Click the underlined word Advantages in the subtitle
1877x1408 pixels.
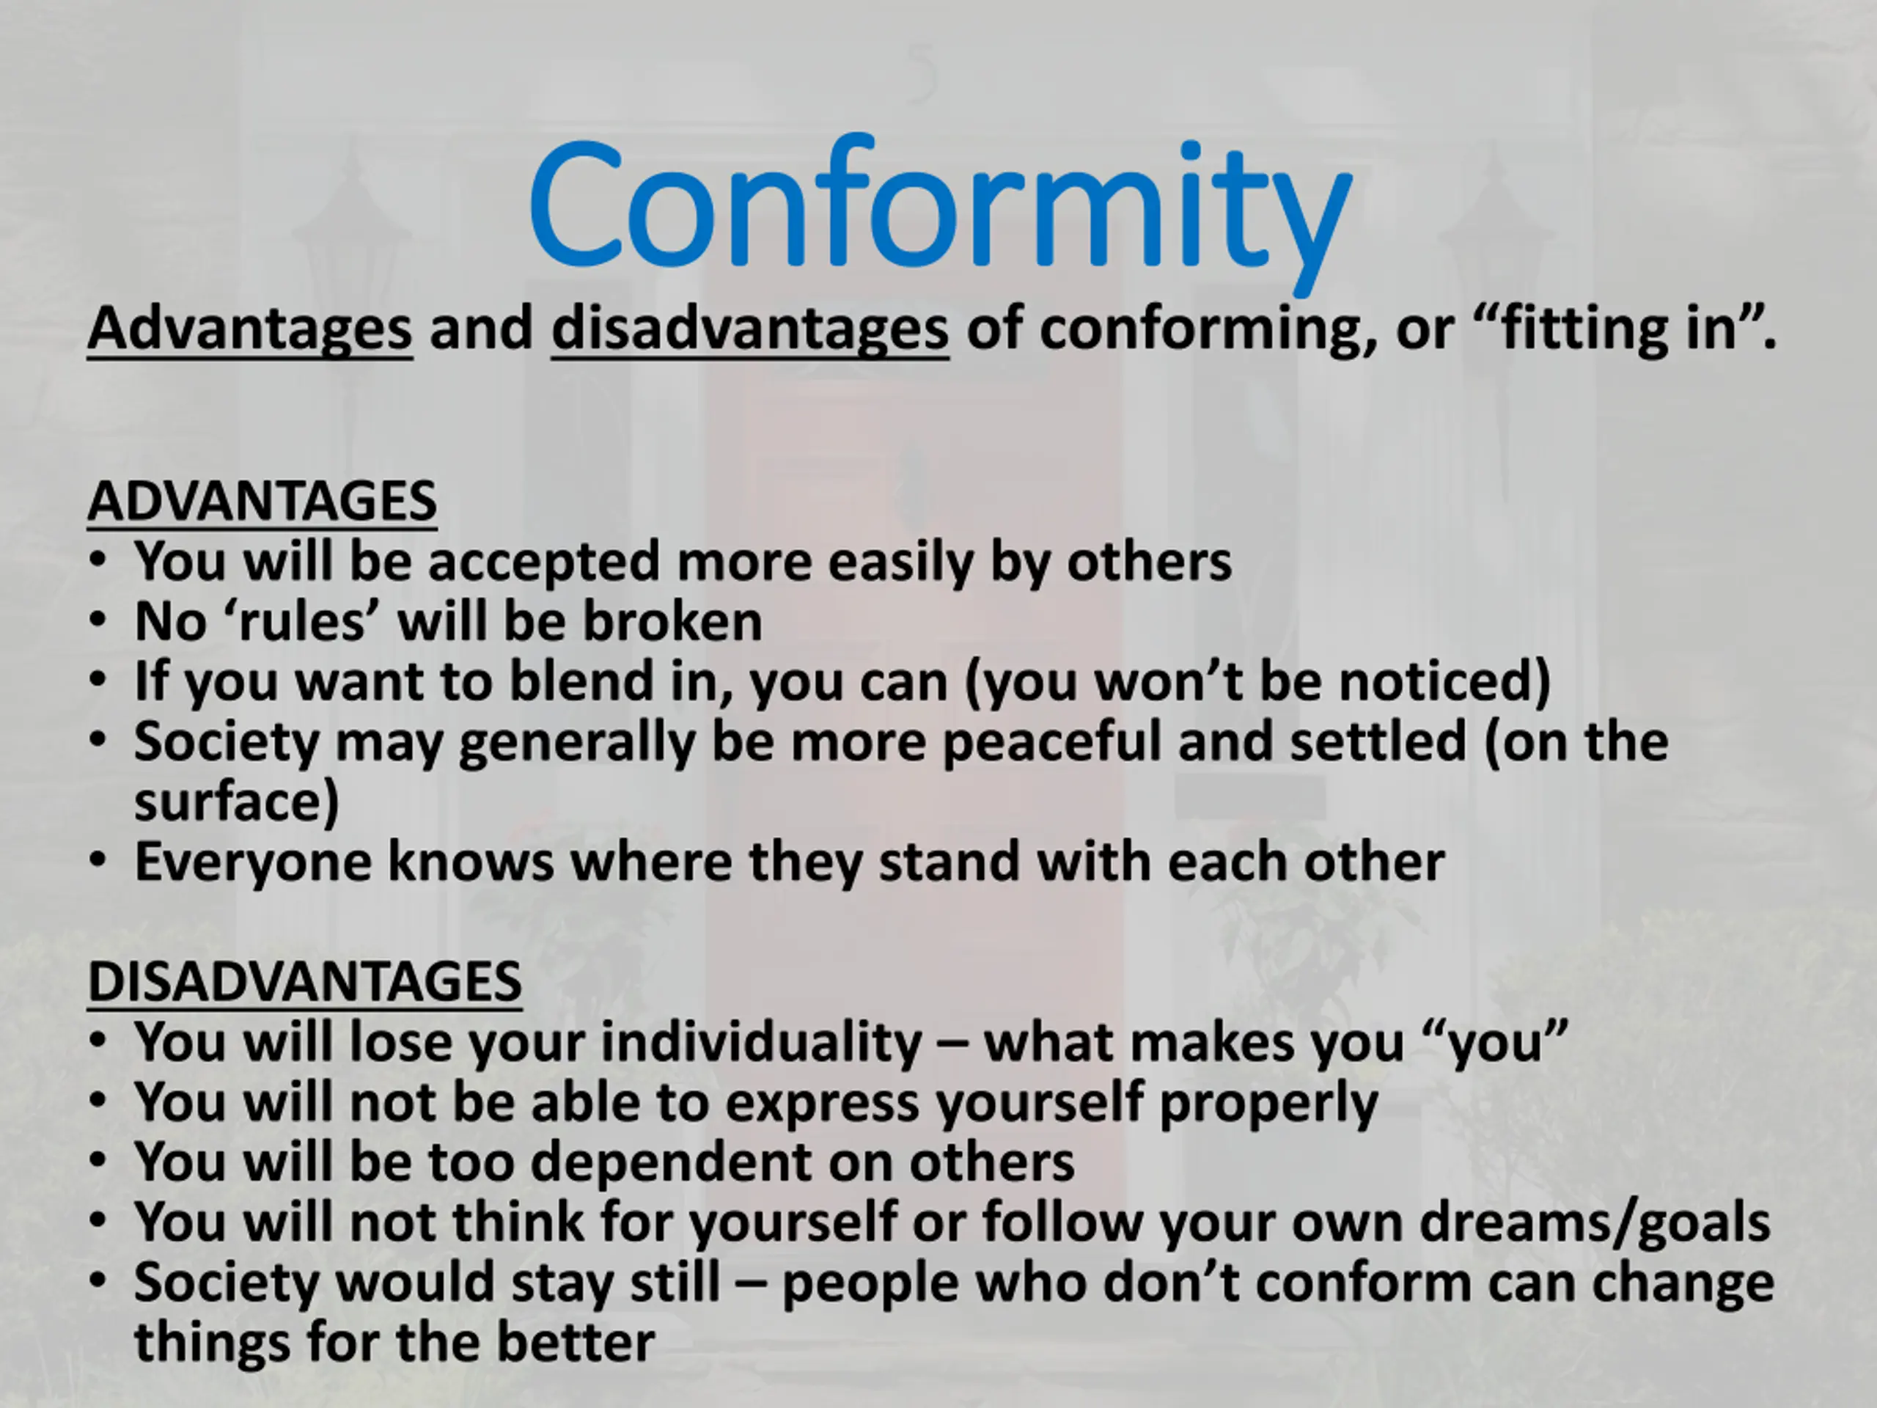(250, 329)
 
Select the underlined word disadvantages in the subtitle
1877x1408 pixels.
(750, 329)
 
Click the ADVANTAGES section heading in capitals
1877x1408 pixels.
(262, 501)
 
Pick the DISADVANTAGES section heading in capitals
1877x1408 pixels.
(304, 981)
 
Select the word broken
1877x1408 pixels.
(672, 620)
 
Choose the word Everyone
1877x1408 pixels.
(253, 863)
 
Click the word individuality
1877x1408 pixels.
(761, 1043)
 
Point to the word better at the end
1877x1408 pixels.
(576, 1343)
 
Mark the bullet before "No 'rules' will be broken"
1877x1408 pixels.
(98, 620)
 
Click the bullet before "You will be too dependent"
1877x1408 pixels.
(98, 1160)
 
